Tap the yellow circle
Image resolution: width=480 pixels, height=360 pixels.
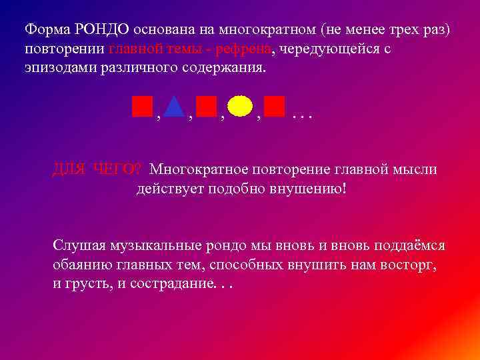coord(239,107)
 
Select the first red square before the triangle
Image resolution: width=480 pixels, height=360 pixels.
coord(142,106)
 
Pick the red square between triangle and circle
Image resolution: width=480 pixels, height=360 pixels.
coord(207,106)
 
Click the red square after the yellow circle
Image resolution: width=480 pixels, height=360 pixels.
coord(274,106)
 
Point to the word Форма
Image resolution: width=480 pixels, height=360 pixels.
coord(46,30)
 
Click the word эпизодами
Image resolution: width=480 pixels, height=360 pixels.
coord(57,69)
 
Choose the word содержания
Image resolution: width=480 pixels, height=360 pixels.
coord(229,69)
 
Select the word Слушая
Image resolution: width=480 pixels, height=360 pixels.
coord(75,245)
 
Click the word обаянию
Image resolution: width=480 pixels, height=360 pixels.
coord(77,265)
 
